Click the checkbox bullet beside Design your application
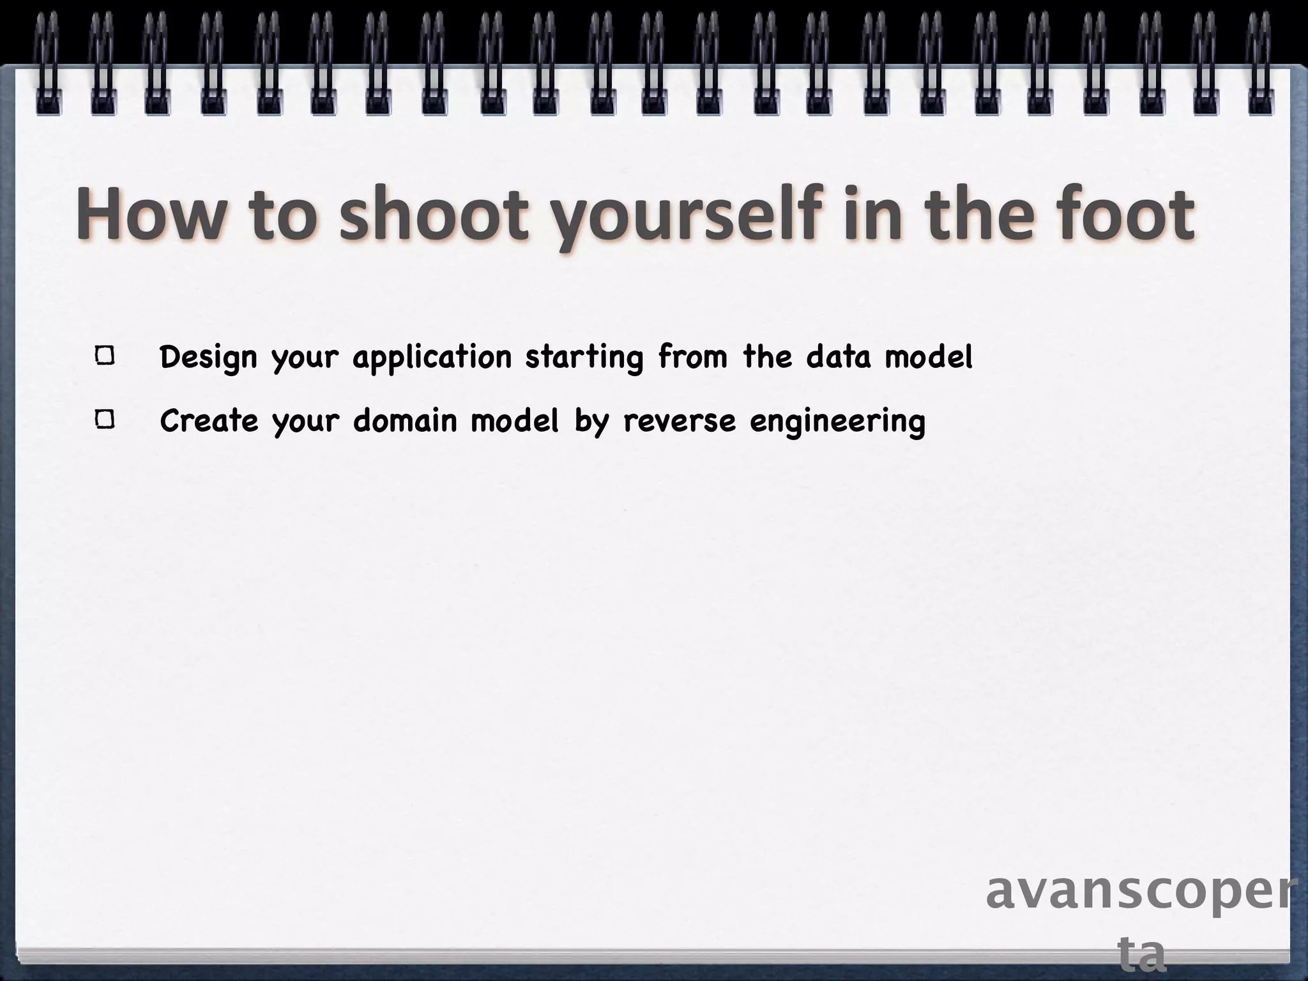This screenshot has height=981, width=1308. click(x=105, y=356)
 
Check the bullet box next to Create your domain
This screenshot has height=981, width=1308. click(x=105, y=420)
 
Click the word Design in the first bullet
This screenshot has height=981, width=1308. click(x=208, y=357)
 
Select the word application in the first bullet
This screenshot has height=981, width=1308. click(x=432, y=357)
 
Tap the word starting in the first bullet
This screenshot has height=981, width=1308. click(x=584, y=357)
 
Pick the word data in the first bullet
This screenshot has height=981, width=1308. click(x=838, y=356)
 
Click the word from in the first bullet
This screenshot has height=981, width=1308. click(x=693, y=356)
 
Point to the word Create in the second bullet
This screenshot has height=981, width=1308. click(x=209, y=420)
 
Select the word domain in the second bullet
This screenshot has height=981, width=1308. click(x=405, y=420)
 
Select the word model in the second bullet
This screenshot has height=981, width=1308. click(x=514, y=420)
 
